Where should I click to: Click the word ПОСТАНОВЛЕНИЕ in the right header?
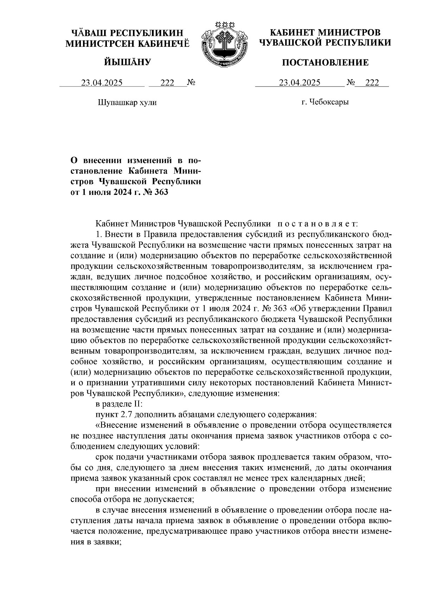pos(326,63)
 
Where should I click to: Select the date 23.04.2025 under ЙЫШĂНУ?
pos(102,83)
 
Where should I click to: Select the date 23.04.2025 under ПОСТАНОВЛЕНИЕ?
pos(300,83)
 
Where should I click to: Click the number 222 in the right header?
pos(372,83)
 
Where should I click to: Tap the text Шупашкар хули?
pos(126,103)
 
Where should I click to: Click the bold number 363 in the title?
pos(161,192)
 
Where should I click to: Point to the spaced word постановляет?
pos(318,224)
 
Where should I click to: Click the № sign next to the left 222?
pos(191,83)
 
